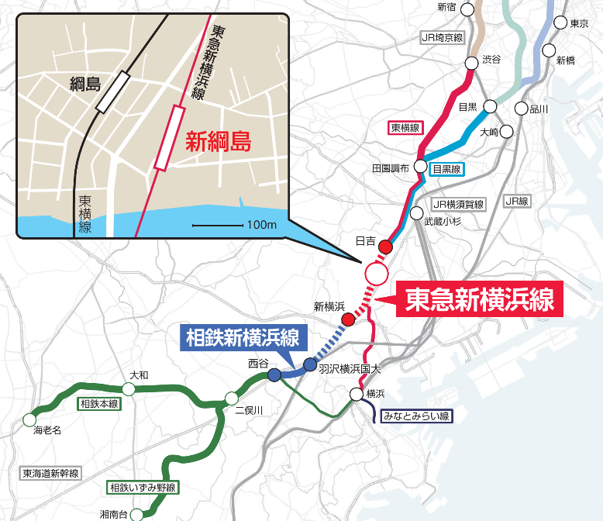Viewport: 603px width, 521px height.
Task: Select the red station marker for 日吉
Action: click(385, 247)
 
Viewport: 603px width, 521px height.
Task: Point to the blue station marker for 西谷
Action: click(274, 374)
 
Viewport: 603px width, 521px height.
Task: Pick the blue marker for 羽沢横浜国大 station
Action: click(310, 364)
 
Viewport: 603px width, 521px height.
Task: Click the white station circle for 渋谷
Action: click(471, 64)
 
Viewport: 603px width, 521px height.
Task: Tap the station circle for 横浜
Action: click(356, 395)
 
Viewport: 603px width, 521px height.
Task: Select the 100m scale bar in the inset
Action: click(219, 226)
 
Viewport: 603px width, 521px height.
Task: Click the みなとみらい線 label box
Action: click(417, 416)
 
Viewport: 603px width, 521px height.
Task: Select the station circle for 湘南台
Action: click(136, 514)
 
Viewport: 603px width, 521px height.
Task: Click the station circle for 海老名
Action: click(29, 420)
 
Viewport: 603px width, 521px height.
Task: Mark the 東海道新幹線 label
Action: click(51, 474)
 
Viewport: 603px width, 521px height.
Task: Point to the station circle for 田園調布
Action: click(420, 166)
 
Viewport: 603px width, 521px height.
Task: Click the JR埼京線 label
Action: click(441, 36)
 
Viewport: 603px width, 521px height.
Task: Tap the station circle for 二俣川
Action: click(231, 399)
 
